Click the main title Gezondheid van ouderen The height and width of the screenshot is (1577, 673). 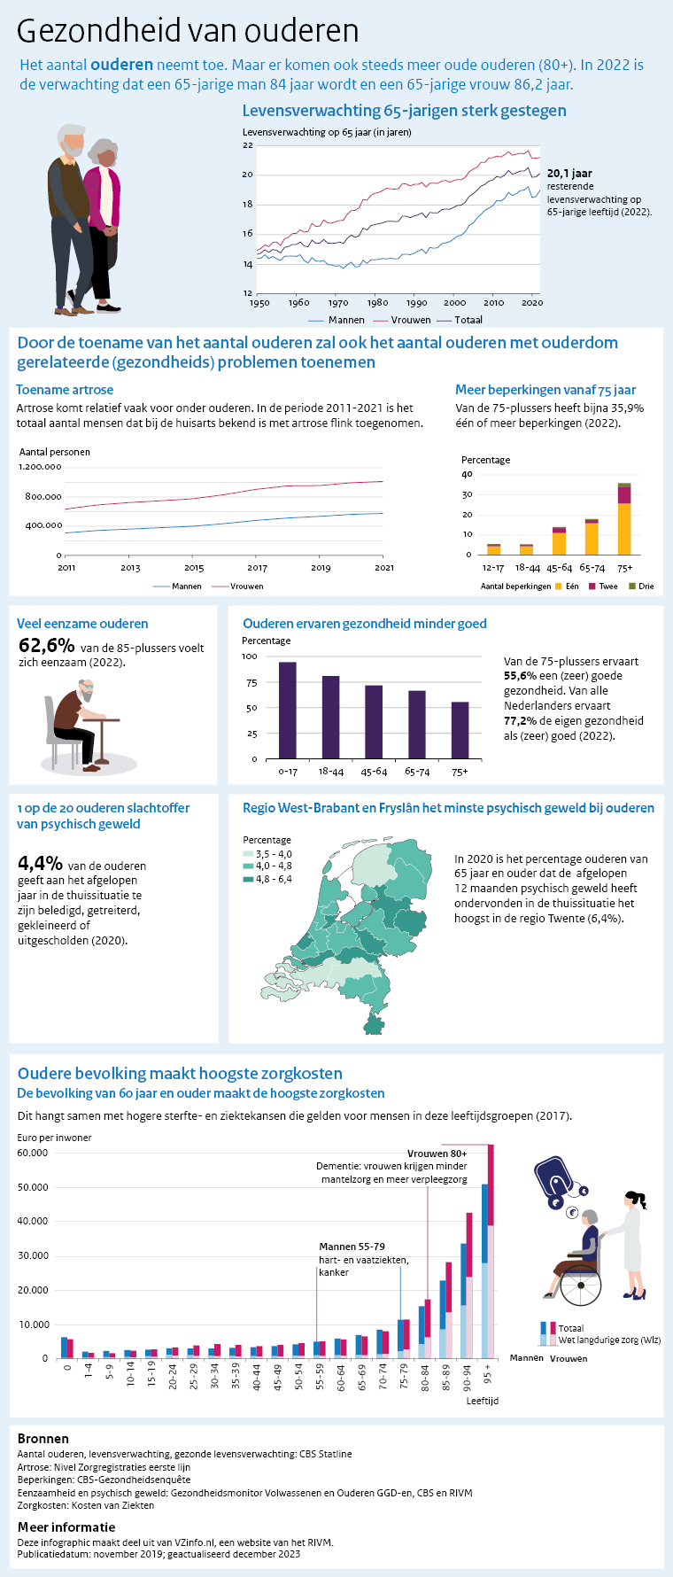188,31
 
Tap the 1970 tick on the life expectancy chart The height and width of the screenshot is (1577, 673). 338,303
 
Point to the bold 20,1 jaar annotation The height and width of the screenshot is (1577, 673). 569,174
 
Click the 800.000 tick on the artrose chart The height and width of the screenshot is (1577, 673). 43,496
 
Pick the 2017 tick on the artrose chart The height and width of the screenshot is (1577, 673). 257,568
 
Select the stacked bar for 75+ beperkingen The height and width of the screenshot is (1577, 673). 624,518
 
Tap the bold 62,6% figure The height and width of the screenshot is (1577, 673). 46,646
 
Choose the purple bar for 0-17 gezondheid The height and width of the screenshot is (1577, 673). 287,710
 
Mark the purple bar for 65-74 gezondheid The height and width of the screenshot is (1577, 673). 416,724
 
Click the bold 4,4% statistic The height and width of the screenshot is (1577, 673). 40,863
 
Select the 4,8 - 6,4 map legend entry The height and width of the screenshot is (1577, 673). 273,879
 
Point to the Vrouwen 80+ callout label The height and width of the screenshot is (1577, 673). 437,1154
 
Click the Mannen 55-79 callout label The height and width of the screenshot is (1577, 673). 352,1247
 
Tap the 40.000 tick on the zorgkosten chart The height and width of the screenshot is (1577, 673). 33,1222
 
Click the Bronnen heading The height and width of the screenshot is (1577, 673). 43,1439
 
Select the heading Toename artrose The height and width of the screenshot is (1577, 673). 65,390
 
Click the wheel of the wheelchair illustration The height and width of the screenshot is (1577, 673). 581,1285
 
